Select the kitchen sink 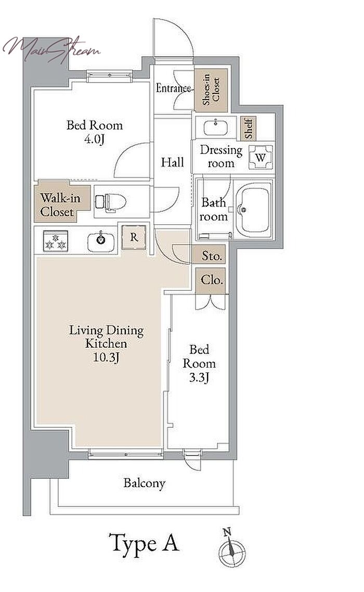[100, 241]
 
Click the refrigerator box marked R [134, 237]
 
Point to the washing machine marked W [261, 157]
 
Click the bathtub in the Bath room [253, 209]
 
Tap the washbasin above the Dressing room [216, 127]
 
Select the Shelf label [249, 128]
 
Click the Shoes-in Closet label [211, 89]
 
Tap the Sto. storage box [211, 255]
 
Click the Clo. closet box [211, 280]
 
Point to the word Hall [172, 163]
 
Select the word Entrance [174, 88]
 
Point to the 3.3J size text [199, 377]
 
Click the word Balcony [145, 483]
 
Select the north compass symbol [231, 548]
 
